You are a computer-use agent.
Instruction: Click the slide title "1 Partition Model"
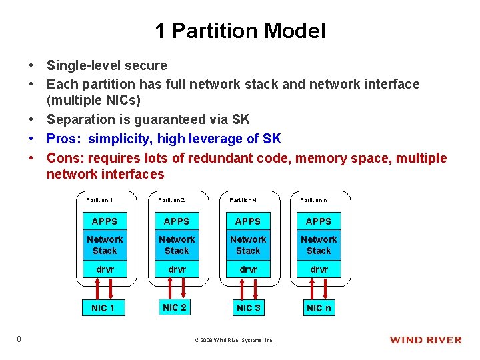(x=240, y=31)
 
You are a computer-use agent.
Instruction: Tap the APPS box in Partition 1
(x=105, y=221)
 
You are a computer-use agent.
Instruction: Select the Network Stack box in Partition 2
(x=177, y=245)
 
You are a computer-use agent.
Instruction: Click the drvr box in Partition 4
(x=248, y=269)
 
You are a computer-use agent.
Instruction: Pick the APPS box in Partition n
(x=319, y=221)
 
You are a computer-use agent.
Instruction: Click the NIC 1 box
(x=103, y=308)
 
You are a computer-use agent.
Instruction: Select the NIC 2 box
(x=175, y=307)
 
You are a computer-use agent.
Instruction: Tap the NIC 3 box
(x=248, y=308)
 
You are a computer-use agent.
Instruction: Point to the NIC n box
(x=319, y=308)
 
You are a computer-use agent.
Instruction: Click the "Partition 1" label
(x=99, y=200)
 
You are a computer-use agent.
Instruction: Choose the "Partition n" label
(x=313, y=200)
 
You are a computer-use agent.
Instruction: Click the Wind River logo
(x=425, y=340)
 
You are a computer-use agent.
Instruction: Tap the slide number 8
(x=19, y=339)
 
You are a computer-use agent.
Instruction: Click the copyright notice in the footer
(x=234, y=340)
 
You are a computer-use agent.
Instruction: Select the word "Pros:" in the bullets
(x=65, y=139)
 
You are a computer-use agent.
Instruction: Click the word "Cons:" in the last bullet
(x=65, y=158)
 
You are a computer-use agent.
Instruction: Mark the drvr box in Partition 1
(x=105, y=269)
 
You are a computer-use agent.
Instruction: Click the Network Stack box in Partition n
(x=319, y=245)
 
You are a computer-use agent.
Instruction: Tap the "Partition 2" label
(x=171, y=200)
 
